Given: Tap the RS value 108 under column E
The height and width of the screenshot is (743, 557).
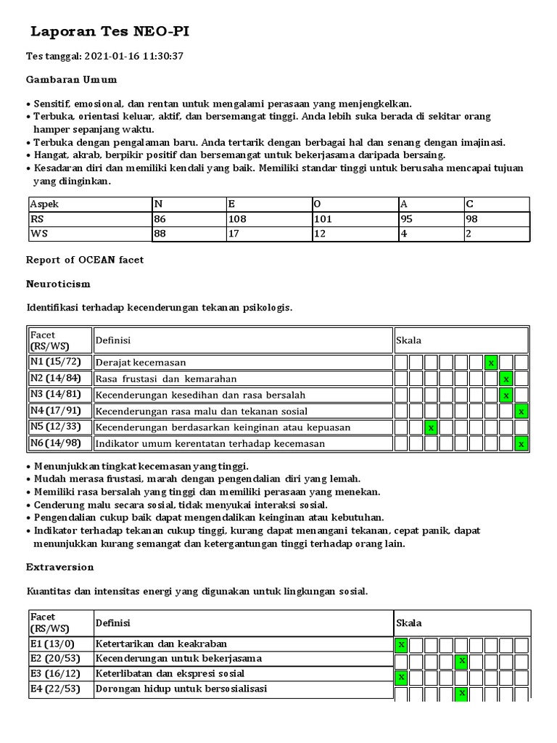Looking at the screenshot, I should (238, 218).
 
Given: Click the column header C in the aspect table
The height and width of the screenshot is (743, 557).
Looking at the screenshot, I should (470, 204).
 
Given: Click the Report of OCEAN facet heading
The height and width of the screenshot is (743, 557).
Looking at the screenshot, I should (84, 260).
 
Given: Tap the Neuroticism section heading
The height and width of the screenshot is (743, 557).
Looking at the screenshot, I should (58, 284).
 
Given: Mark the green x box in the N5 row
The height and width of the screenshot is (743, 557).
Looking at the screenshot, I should (431, 427).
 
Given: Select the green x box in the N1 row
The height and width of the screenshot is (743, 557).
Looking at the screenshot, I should (491, 362).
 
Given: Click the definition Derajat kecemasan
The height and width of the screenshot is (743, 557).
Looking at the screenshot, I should (141, 362).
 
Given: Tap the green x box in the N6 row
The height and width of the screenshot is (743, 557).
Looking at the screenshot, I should (521, 443).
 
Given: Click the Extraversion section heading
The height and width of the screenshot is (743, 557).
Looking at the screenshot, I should (59, 567).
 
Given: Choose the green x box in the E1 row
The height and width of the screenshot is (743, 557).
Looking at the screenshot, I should (401, 644).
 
